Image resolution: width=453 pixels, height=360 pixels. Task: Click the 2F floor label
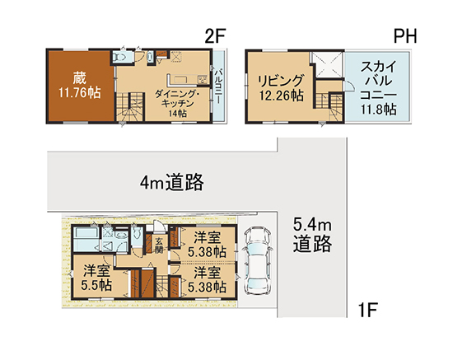[x=215, y=35]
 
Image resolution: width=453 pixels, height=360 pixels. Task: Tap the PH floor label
[x=405, y=36]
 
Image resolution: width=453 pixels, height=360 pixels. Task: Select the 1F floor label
[x=368, y=310]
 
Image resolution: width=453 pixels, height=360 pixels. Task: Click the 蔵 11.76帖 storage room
[x=80, y=86]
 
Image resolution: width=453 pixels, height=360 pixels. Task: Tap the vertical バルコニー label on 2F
[x=219, y=86]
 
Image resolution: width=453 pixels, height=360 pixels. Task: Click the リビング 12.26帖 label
[x=281, y=88]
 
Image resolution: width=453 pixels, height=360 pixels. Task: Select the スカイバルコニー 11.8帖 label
[x=378, y=88]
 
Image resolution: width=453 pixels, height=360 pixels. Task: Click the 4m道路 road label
[x=171, y=182]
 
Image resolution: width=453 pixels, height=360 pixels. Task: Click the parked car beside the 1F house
[x=258, y=261]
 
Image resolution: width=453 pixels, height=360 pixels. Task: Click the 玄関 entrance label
[x=159, y=245]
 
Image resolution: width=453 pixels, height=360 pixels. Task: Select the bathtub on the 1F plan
[x=86, y=239]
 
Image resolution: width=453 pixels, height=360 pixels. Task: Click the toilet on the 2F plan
[x=119, y=57]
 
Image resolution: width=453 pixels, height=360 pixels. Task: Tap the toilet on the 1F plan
[x=137, y=232]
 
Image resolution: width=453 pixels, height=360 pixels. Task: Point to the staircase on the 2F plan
[x=130, y=107]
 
